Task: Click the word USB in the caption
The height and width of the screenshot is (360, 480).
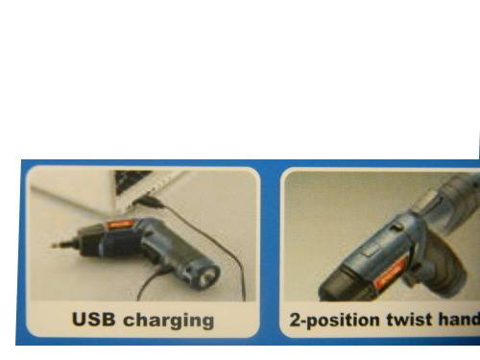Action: (x=93, y=319)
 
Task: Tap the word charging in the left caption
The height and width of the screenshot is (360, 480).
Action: (x=169, y=321)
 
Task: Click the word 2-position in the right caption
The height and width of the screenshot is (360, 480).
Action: (x=334, y=321)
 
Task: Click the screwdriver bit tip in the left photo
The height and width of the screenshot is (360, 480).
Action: (x=54, y=246)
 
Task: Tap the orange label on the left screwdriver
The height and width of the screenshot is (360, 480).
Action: (x=119, y=225)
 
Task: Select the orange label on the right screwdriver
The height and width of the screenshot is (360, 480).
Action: (x=390, y=274)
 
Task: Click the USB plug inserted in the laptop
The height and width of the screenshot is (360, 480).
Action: (x=148, y=203)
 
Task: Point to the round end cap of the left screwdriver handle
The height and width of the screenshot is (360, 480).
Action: (x=207, y=275)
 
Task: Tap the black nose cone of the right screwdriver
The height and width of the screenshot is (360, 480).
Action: (x=343, y=286)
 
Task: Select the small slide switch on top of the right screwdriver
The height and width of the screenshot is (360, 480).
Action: (x=396, y=227)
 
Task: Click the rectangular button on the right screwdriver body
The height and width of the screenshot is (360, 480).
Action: (x=371, y=250)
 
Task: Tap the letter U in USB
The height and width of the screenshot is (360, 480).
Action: (x=79, y=319)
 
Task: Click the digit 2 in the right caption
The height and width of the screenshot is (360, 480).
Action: (x=295, y=320)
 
